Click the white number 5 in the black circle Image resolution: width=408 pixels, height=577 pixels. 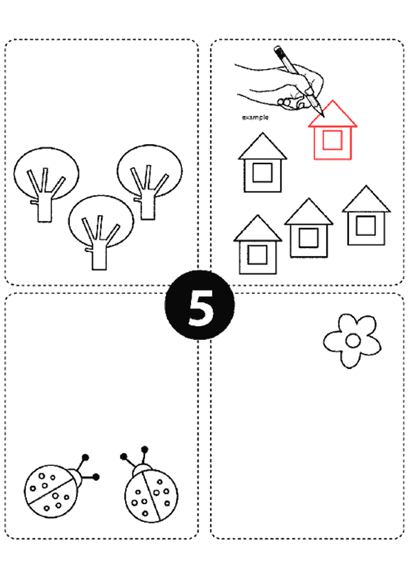click(x=201, y=307)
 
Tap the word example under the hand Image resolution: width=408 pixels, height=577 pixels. click(x=255, y=117)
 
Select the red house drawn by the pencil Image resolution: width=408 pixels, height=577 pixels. click(x=332, y=130)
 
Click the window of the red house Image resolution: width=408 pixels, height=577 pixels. click(x=332, y=140)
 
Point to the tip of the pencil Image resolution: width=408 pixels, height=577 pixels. click(x=324, y=116)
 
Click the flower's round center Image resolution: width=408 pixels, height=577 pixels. click(x=353, y=341)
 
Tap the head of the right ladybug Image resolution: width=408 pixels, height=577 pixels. click(x=141, y=470)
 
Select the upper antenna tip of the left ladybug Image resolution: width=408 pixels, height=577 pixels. click(x=85, y=457)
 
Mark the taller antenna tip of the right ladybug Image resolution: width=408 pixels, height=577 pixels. click(x=144, y=450)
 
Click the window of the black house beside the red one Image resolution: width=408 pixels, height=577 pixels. click(x=262, y=172)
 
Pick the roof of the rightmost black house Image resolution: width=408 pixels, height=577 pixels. click(x=366, y=199)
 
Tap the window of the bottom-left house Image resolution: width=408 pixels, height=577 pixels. click(x=258, y=255)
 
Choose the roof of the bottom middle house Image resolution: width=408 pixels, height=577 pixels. click(x=308, y=212)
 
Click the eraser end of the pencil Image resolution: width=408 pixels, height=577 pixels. click(x=277, y=49)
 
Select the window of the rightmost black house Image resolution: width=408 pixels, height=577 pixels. click(x=366, y=225)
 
